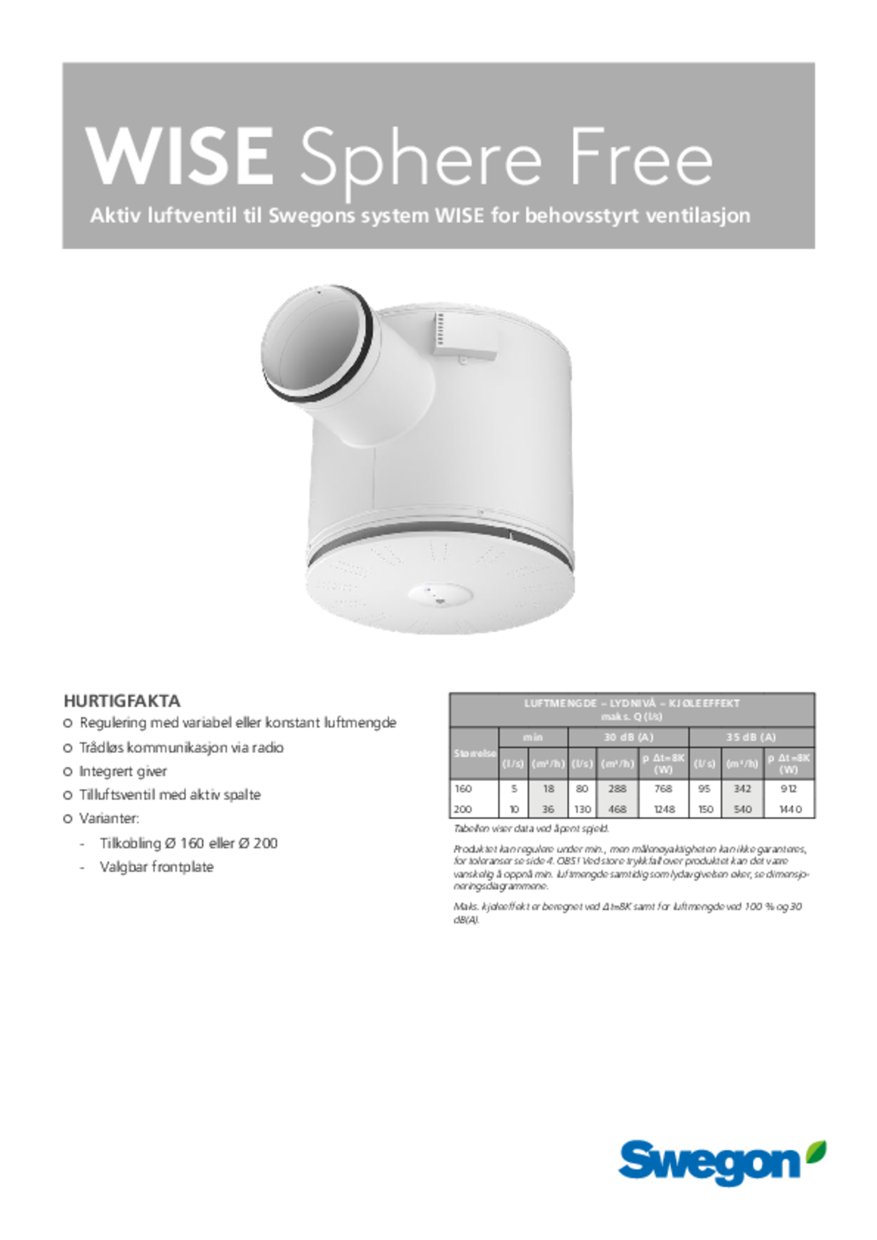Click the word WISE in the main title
(180, 158)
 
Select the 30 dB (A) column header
(628, 737)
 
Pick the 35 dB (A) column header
(751, 737)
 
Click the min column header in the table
(533, 737)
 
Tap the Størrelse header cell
(474, 753)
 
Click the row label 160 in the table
(464, 789)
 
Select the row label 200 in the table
(464, 809)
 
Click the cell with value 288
(617, 789)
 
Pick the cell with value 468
(617, 809)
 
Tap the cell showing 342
(743, 789)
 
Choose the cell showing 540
(743, 809)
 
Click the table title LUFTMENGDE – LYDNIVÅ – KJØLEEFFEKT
(631, 703)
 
